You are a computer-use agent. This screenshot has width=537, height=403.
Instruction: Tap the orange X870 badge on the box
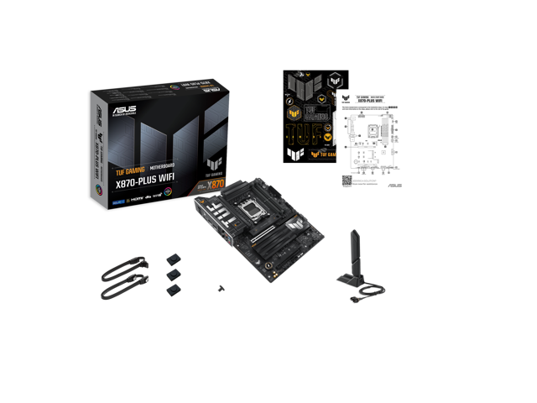click(217, 182)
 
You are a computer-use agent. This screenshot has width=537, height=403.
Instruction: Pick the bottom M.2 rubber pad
click(173, 289)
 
